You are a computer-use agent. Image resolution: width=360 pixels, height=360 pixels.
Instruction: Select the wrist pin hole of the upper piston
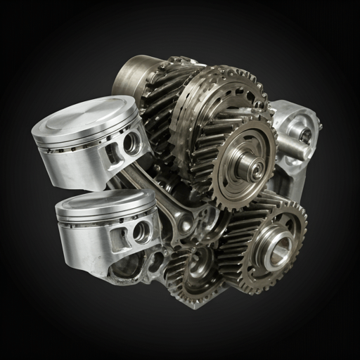[x=131, y=143]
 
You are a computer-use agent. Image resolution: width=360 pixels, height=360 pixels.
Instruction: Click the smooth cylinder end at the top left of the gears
[x=130, y=74]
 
